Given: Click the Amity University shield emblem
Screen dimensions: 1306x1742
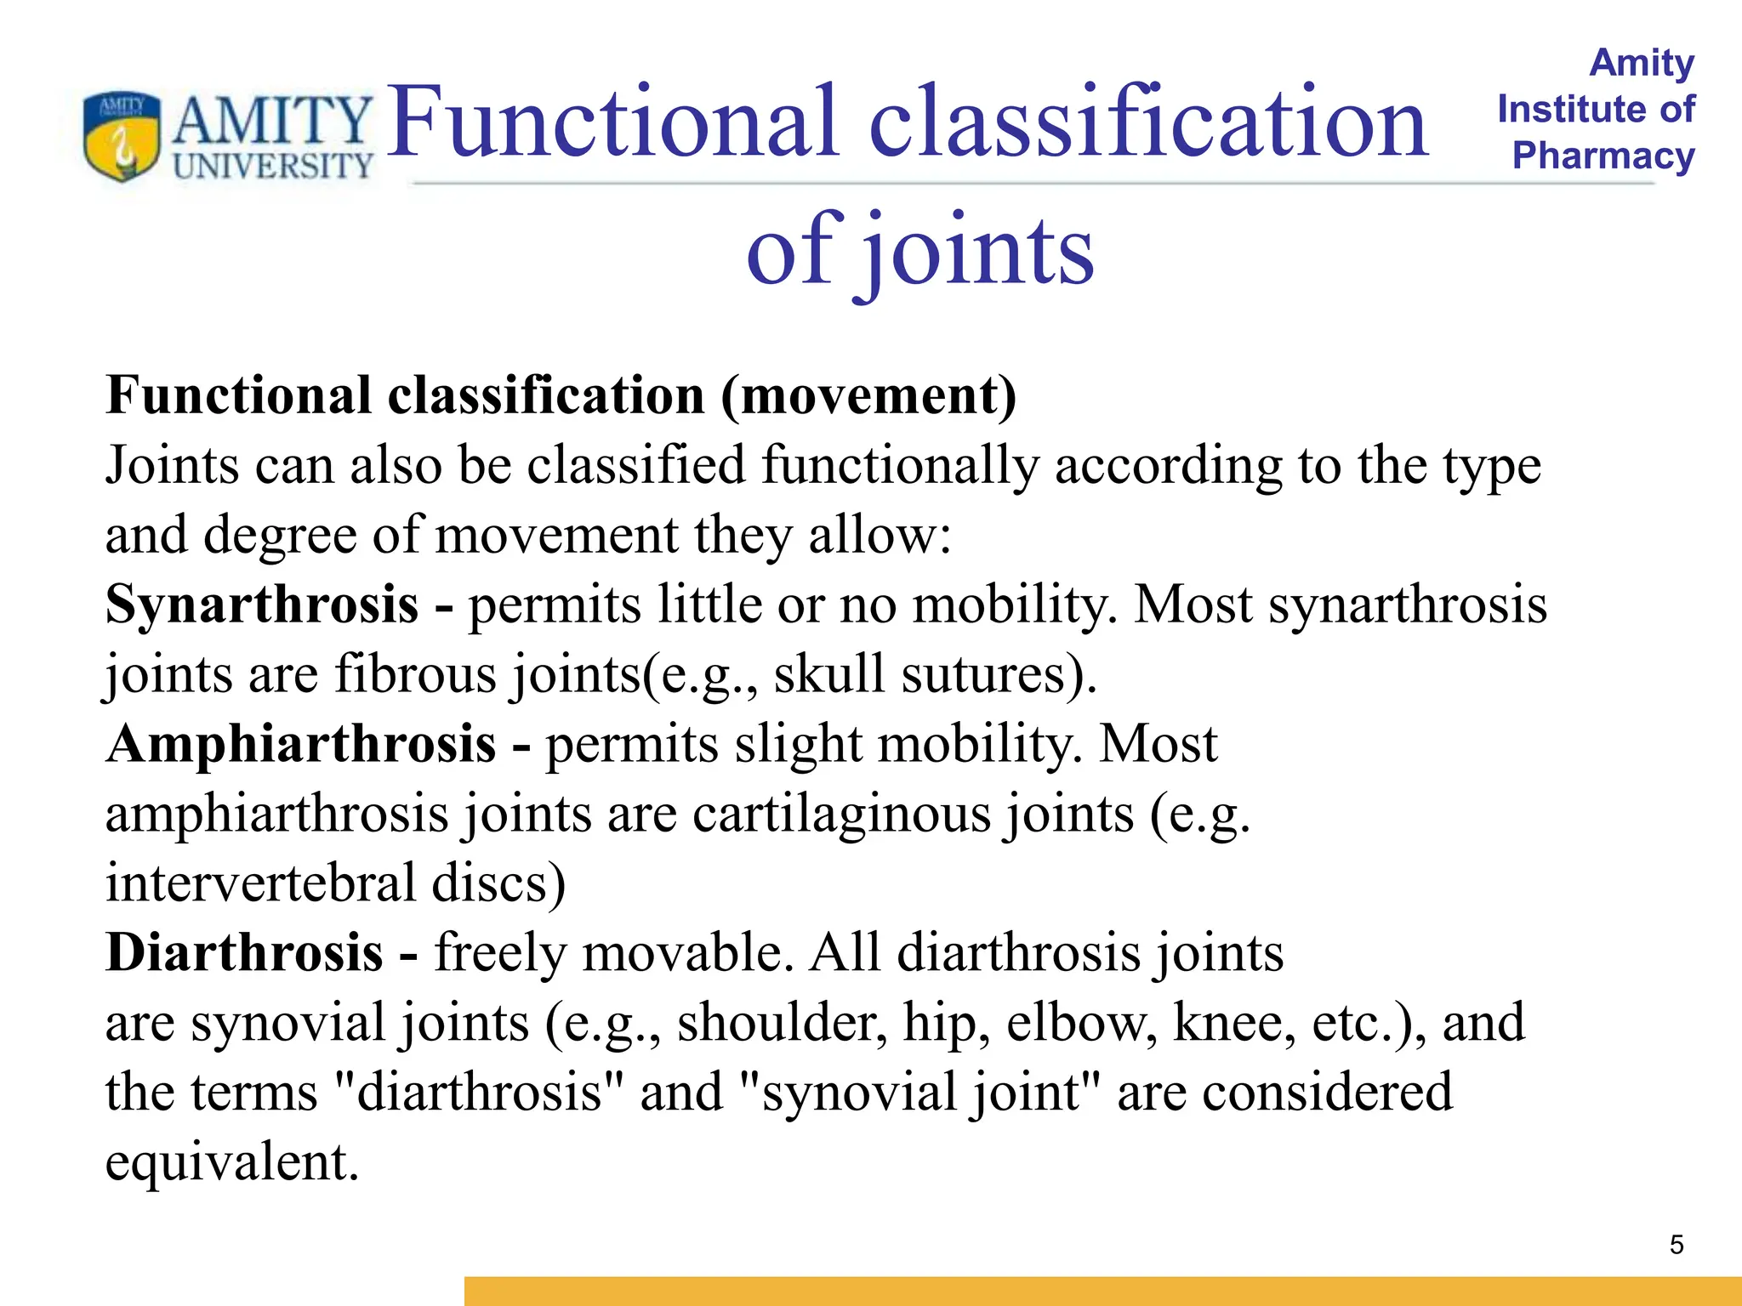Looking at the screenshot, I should click(122, 136).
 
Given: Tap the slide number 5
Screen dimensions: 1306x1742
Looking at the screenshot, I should click(1677, 1245).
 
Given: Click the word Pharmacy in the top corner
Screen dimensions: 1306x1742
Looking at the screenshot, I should click(1603, 156).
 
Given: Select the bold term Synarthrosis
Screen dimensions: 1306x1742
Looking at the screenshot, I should click(262, 605).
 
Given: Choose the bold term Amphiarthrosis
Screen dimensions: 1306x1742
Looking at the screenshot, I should click(301, 744).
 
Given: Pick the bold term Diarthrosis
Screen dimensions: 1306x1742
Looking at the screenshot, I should click(244, 952).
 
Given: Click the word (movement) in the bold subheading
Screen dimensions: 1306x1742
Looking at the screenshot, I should click(868, 396).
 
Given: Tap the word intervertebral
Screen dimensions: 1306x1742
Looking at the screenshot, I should click(260, 883).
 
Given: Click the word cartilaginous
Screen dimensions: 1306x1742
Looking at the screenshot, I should click(842, 814).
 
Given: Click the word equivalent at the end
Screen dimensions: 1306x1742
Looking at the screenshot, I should click(231, 1161).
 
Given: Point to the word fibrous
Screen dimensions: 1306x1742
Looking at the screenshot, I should click(415, 674).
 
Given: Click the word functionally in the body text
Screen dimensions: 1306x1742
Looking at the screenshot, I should click(900, 466).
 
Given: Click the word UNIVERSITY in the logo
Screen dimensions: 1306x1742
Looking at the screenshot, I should click(273, 166).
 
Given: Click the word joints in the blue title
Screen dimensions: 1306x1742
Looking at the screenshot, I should click(978, 251).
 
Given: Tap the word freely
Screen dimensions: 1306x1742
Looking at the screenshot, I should click(500, 952).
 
